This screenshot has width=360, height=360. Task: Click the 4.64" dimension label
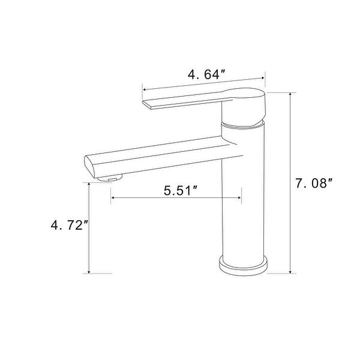tap(206, 75)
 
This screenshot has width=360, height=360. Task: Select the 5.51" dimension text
tap(181, 191)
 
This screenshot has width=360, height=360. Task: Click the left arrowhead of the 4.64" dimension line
tap(145, 89)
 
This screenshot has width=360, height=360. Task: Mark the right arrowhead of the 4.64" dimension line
tap(263, 77)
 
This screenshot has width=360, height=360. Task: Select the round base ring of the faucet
tap(242, 265)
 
